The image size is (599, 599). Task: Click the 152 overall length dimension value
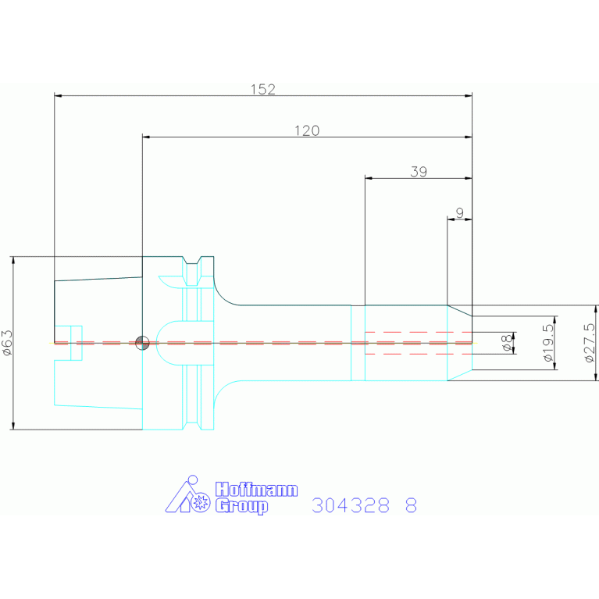click(263, 89)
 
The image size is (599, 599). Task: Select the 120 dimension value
click(307, 130)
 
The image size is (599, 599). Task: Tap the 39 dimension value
click(419, 172)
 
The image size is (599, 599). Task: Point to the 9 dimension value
click(459, 212)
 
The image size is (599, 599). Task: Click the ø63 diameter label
click(7, 343)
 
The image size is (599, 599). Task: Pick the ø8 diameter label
click(506, 343)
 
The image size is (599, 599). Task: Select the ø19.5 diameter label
click(547, 343)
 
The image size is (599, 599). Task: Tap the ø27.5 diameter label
click(590, 343)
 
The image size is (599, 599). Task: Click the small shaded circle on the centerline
click(142, 343)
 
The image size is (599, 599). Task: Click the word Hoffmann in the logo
click(256, 490)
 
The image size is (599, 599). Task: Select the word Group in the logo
click(241, 506)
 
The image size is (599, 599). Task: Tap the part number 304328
click(351, 505)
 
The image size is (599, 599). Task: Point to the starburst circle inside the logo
click(200, 502)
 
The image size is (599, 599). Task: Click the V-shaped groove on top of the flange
click(192, 261)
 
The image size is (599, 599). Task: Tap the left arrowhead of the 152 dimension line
click(58, 95)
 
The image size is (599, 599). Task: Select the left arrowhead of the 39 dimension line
click(369, 178)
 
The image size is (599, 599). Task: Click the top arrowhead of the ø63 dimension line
click(13, 260)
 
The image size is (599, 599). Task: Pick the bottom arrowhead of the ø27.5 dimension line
click(596, 377)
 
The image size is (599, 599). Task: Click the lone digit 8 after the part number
click(411, 505)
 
